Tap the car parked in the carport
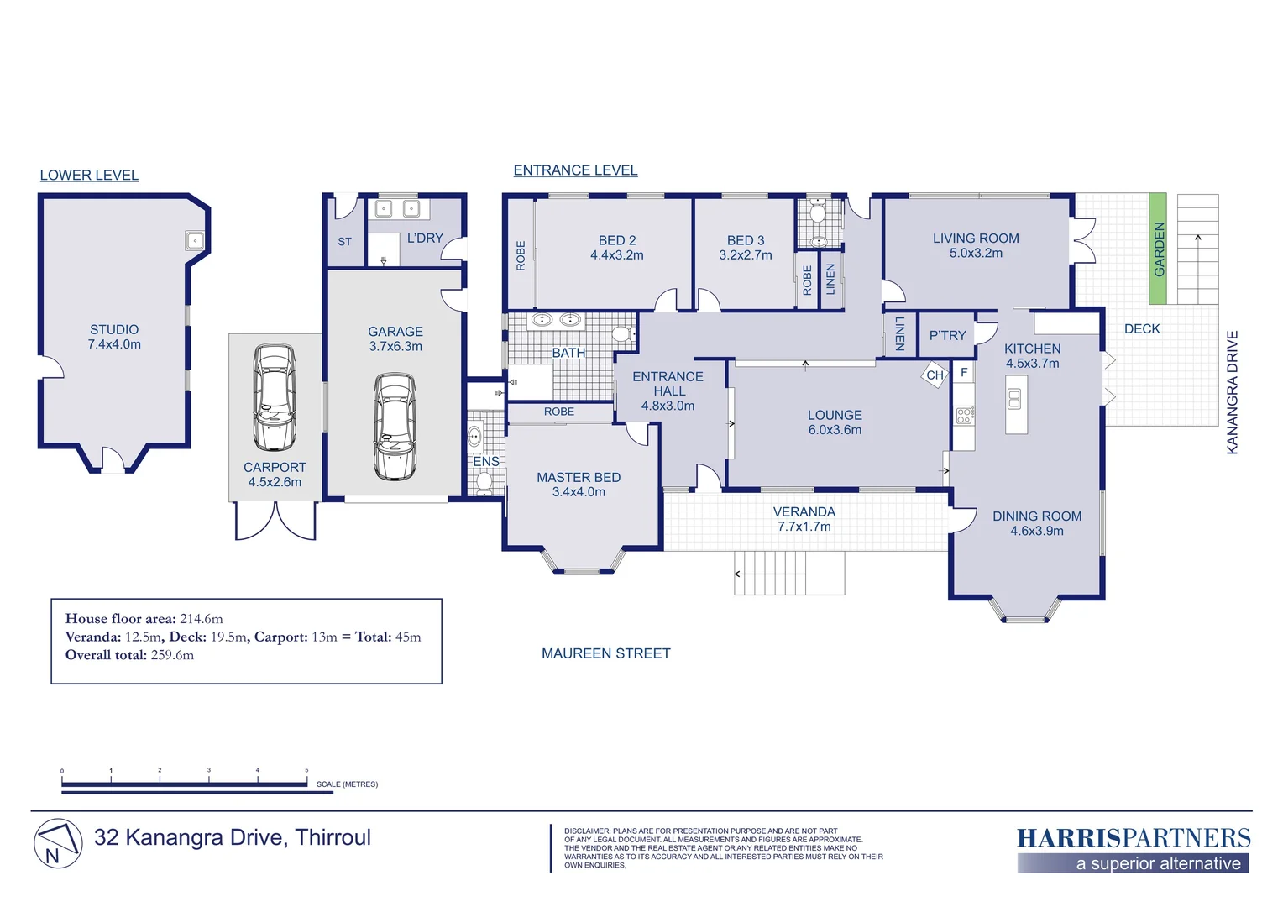click(275, 397)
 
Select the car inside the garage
click(395, 427)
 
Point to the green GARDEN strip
click(1158, 249)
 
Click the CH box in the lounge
click(935, 375)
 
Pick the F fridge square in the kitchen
click(964, 372)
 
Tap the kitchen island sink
click(1014, 399)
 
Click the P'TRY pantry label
click(947, 335)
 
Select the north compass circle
click(58, 843)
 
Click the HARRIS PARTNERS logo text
click(1134, 838)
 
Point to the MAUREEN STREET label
click(606, 653)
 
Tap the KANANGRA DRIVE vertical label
click(1232, 392)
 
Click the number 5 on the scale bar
click(306, 770)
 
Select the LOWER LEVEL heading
click(89, 176)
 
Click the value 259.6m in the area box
click(172, 655)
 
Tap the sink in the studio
click(194, 241)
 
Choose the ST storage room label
click(344, 242)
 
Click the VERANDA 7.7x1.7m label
click(804, 519)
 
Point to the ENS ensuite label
click(485, 461)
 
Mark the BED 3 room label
click(745, 248)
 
